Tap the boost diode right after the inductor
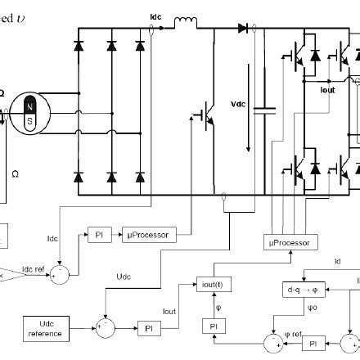click(242, 28)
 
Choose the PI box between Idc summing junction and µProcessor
click(97, 235)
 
